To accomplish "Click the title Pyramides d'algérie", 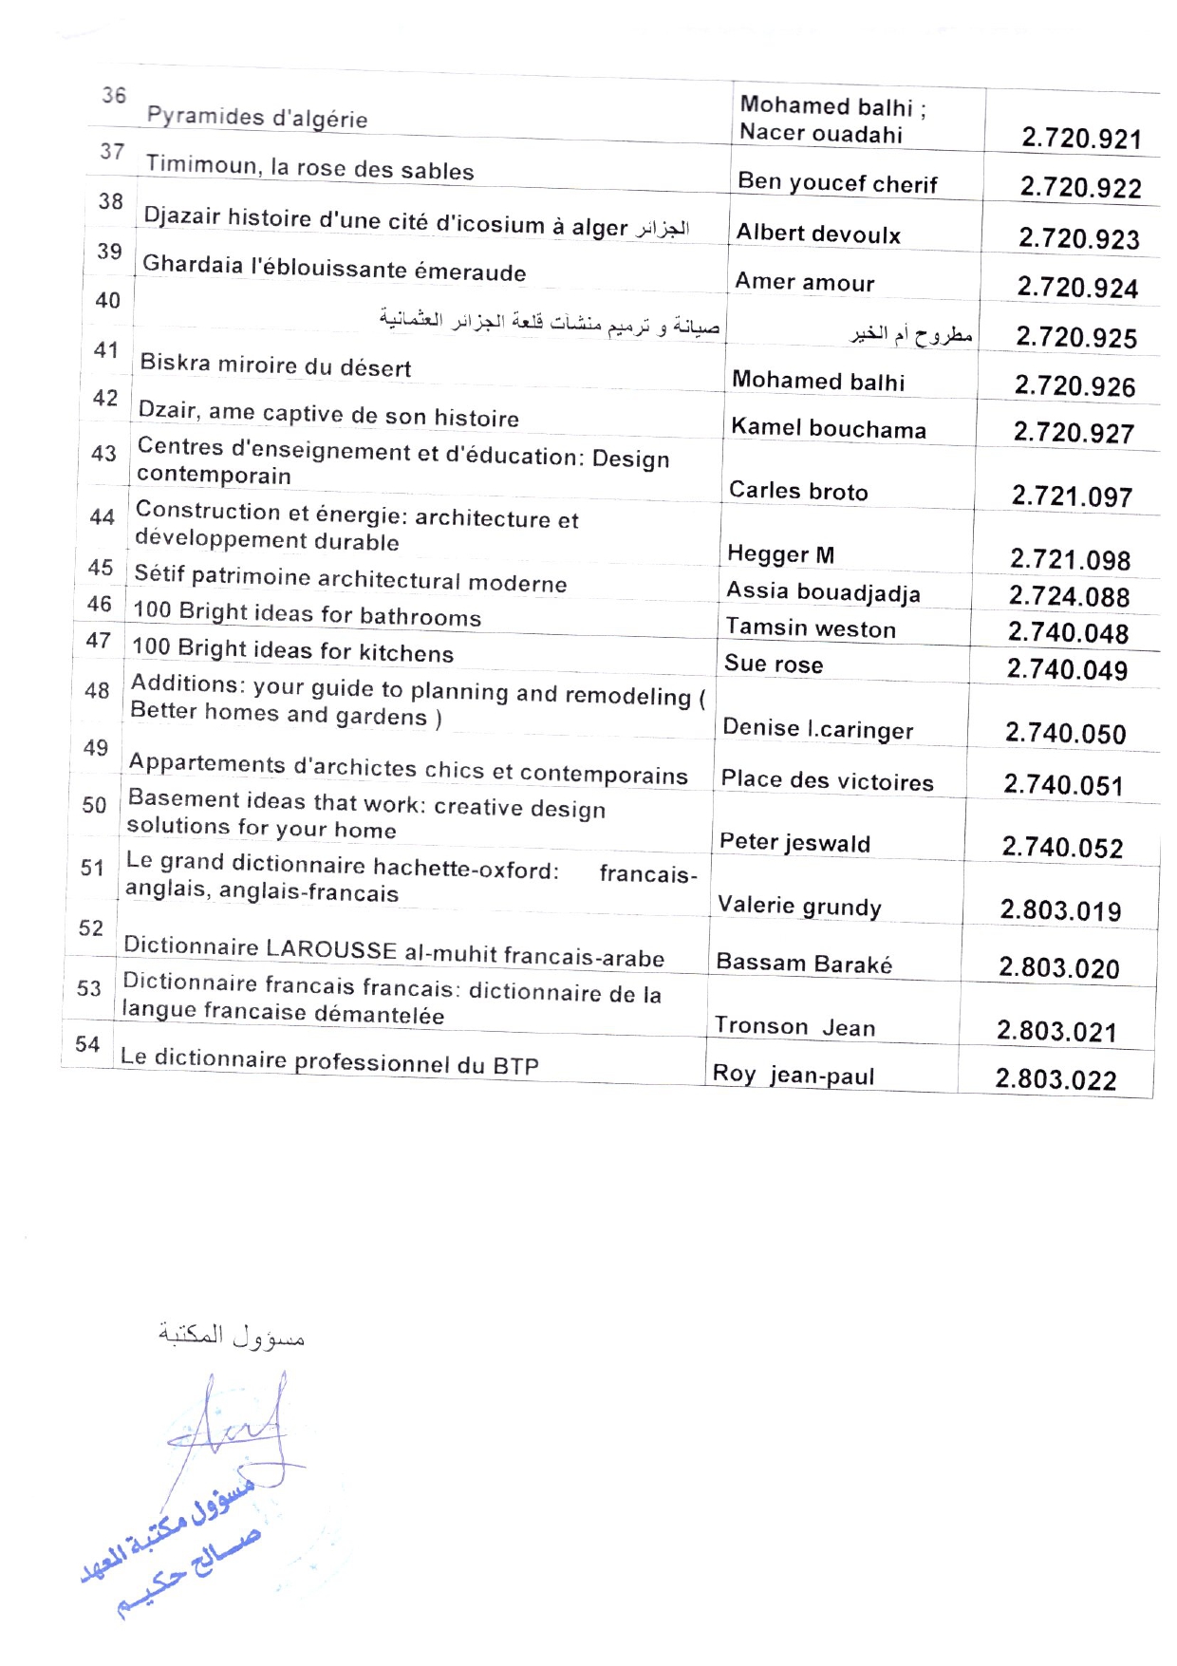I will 256,118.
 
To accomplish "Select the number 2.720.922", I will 1080,188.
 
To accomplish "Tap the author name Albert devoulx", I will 818,234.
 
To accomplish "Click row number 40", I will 108,301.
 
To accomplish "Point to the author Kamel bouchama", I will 828,429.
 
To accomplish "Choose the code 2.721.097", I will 1072,496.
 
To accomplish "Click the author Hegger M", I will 780,554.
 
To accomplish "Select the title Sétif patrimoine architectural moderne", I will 350,579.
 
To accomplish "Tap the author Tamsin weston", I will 811,628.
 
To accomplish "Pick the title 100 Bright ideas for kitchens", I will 292,650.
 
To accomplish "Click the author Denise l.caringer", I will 817,729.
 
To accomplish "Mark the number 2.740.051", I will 1063,785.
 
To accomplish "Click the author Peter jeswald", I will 794,843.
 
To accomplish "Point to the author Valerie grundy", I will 799,906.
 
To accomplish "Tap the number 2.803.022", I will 1056,1079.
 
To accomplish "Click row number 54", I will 87,1044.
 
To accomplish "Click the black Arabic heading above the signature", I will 231,1336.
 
